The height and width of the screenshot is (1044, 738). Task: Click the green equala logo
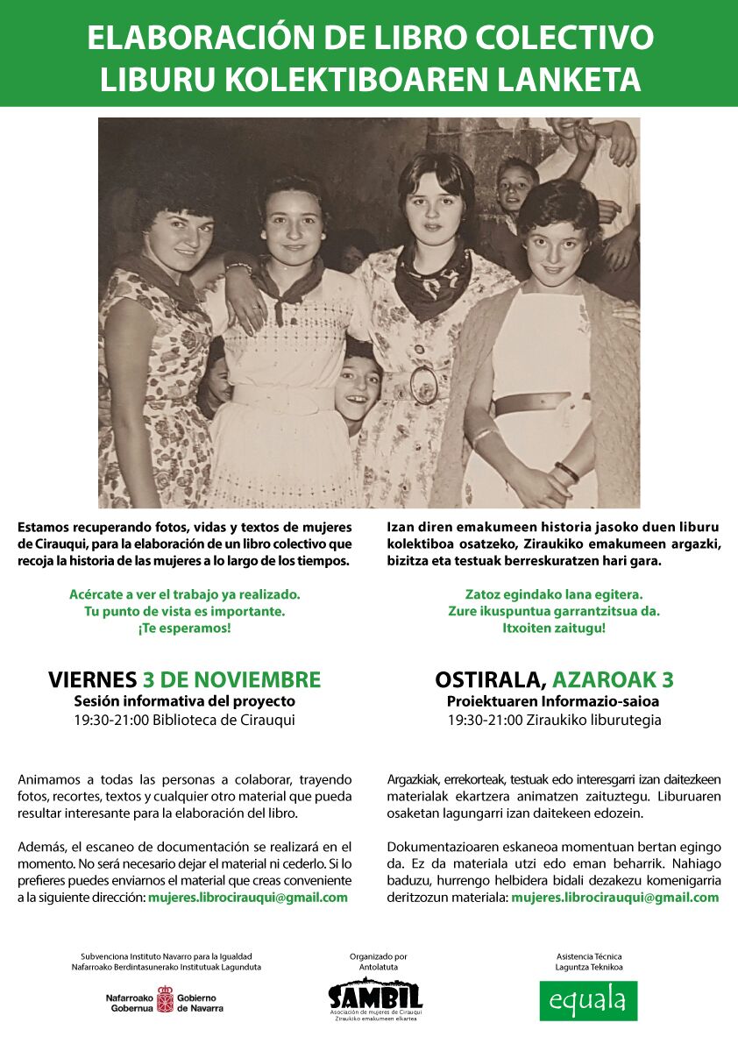(588, 1000)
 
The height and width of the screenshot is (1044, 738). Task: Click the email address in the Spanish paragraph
(248, 898)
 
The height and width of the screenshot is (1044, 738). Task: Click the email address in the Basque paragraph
(614, 898)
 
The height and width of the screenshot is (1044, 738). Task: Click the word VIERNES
(92, 679)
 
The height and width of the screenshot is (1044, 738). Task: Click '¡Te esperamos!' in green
(184, 629)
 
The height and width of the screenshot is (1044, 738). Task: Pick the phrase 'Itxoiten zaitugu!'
(553, 629)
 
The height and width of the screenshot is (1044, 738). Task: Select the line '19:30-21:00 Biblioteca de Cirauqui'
(184, 721)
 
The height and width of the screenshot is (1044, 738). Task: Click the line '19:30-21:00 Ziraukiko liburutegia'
(554, 721)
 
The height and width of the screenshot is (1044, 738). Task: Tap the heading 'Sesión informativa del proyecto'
(184, 701)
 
